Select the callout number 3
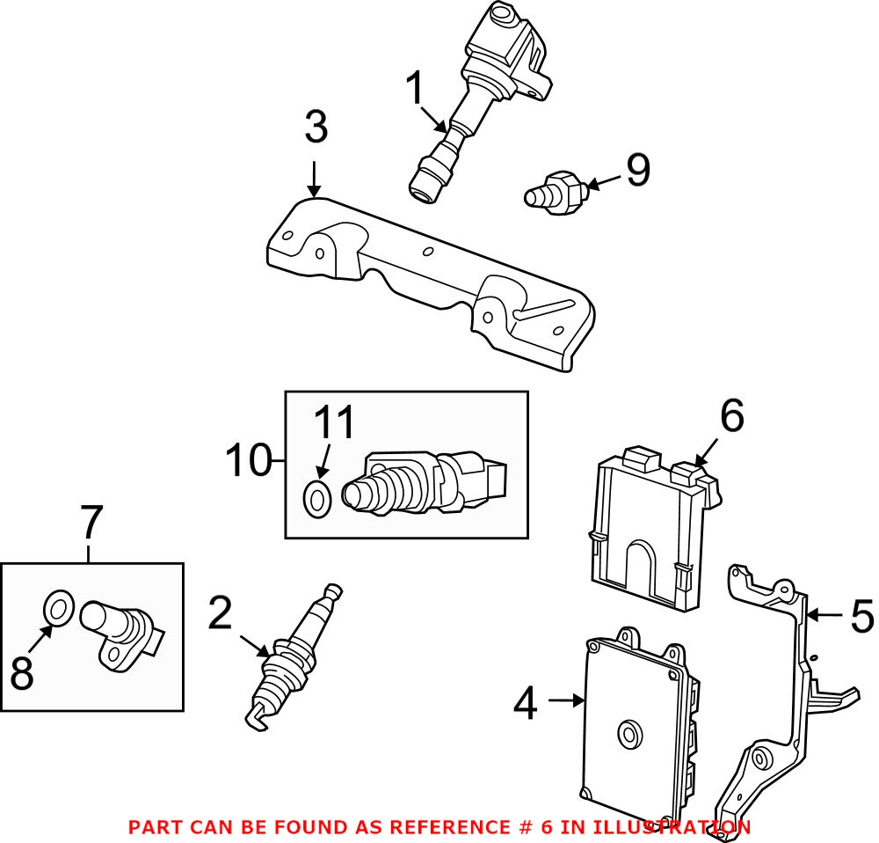tap(316, 128)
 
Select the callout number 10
tap(248, 461)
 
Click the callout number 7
tap(91, 524)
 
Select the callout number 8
tap(23, 674)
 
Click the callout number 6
tap(731, 416)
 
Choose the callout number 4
tap(525, 703)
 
